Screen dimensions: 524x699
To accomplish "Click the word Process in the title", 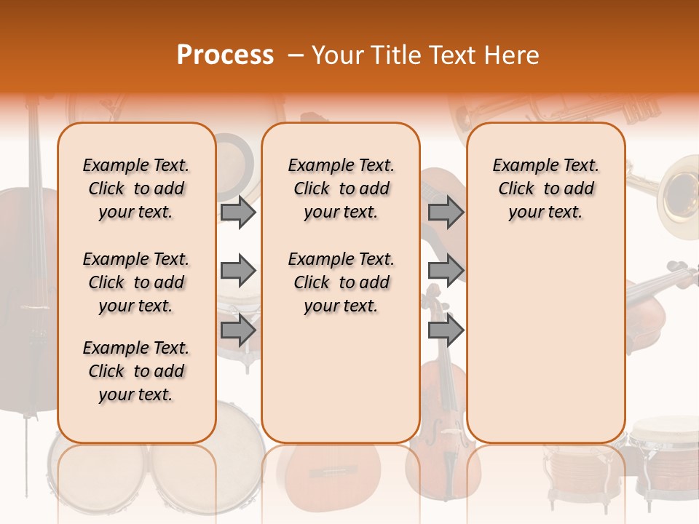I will point(225,55).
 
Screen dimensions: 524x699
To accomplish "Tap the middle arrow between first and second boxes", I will point(237,271).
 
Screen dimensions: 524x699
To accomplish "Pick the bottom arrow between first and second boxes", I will point(237,330).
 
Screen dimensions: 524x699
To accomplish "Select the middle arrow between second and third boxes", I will point(446,271).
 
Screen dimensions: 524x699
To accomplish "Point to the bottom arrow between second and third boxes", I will point(446,330).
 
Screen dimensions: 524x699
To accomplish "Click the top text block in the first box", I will point(136,188).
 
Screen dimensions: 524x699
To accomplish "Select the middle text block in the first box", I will point(136,282).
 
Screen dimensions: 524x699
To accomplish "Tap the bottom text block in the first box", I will point(136,371).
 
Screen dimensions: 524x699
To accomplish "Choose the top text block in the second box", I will point(341,188).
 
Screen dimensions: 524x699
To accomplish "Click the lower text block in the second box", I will point(341,282).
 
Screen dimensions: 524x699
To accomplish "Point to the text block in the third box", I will point(545,188).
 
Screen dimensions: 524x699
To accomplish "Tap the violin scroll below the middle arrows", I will point(433,298).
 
